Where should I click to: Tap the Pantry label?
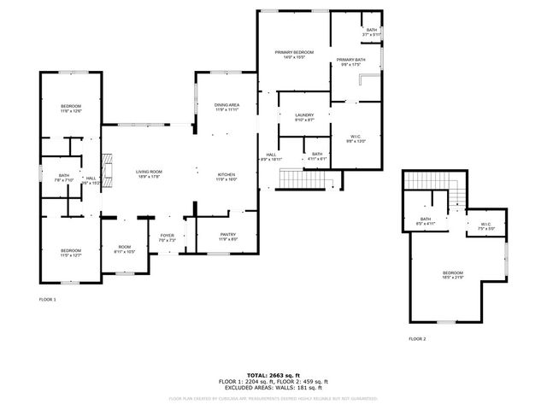(x=227, y=237)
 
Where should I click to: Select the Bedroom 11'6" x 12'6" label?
(x=70, y=108)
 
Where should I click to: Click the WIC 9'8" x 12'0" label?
(x=356, y=138)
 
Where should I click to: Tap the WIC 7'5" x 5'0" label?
(x=487, y=226)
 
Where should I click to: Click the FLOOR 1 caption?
(x=48, y=300)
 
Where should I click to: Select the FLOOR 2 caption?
(x=417, y=339)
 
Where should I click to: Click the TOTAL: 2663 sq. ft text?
(x=273, y=375)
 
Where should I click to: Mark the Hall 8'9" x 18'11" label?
(x=270, y=157)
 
